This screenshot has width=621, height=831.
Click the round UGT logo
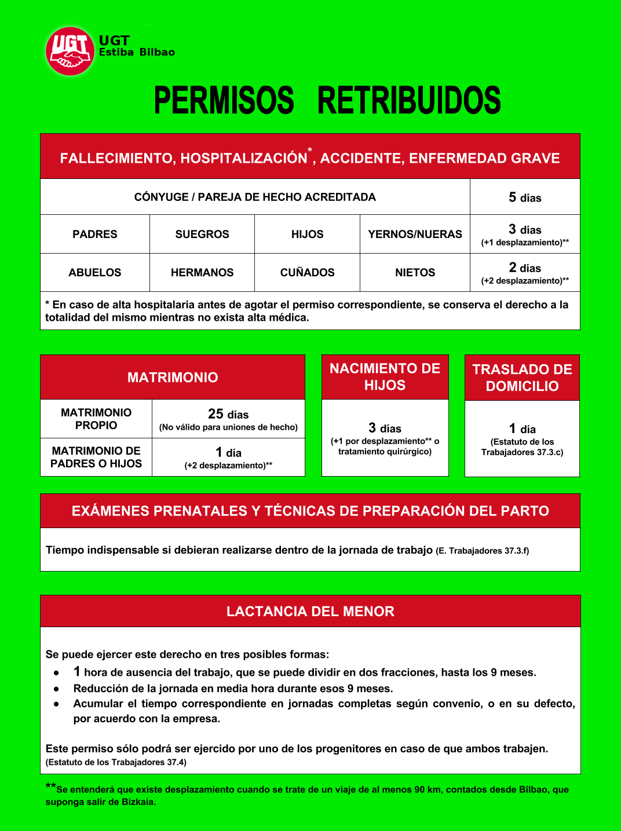[x=70, y=51]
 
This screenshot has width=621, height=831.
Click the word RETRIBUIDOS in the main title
[x=408, y=101]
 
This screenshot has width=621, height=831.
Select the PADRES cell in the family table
[x=95, y=235]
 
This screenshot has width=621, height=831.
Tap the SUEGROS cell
[x=202, y=235]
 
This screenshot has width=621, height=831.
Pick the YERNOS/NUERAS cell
[x=415, y=235]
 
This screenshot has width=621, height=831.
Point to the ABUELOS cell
[x=95, y=273]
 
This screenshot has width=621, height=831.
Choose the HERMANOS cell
[x=202, y=273]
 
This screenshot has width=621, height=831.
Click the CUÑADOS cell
[x=307, y=273]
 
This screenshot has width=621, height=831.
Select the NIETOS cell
[x=415, y=273]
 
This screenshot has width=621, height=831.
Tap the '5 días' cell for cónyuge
[x=525, y=197]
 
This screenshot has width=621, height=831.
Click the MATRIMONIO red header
[x=173, y=378]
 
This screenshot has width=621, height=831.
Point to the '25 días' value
[x=228, y=414]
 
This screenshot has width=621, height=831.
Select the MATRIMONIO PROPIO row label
[x=96, y=419]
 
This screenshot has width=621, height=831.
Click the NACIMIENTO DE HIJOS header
[x=385, y=377]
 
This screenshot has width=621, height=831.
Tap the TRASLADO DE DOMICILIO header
[x=522, y=378]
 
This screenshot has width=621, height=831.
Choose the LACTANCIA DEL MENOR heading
[x=310, y=612]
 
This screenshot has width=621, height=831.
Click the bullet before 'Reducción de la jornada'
[x=56, y=689]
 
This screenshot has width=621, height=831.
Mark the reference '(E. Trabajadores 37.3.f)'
[x=482, y=551]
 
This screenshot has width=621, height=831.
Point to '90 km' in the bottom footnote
[x=428, y=789]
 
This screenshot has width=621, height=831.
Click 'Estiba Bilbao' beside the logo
[x=137, y=52]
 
